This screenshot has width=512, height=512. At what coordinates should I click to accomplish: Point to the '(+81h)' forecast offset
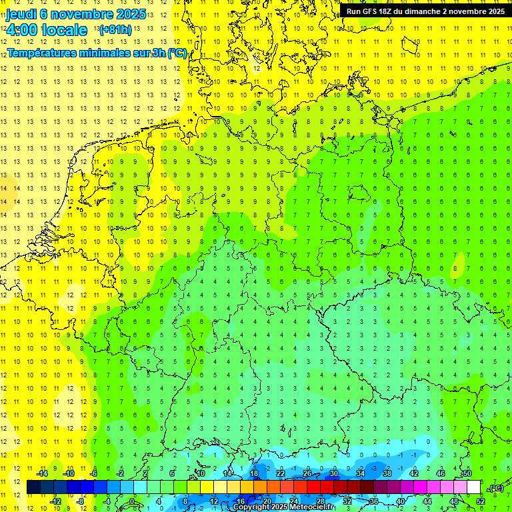point(115,30)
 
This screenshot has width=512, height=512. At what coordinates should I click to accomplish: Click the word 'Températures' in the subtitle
point(43,53)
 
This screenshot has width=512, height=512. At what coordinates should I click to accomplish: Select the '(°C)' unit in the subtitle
point(177,53)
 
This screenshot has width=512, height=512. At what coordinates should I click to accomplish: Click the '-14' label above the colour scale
point(42,473)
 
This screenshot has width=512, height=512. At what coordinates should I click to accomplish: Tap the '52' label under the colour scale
point(481,501)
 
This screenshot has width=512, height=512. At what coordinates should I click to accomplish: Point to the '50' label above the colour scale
point(467,473)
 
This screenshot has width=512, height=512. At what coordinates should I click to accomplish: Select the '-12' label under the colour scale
point(56,501)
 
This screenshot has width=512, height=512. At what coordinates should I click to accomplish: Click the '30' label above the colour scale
point(334,473)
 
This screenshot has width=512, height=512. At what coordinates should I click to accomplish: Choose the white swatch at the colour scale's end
point(474,487)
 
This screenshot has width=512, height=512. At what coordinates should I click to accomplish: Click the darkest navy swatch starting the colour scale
point(33,487)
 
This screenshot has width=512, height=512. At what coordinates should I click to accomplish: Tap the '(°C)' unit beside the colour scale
point(495,488)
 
